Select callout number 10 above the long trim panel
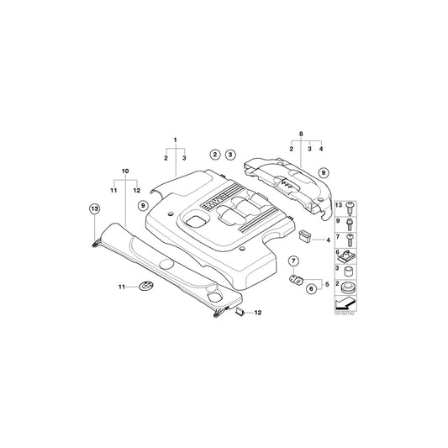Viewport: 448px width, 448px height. pyautogui.click(x=126, y=171)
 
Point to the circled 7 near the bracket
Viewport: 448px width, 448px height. pyautogui.click(x=294, y=261)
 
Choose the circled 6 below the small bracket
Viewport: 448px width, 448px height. pyautogui.click(x=311, y=289)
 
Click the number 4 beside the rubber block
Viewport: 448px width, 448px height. pyautogui.click(x=327, y=240)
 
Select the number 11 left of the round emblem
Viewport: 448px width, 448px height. pyautogui.click(x=121, y=287)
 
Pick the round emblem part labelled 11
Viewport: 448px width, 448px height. pyautogui.click(x=145, y=287)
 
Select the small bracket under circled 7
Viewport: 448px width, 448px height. pyautogui.click(x=295, y=279)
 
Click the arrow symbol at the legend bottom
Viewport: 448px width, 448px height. pyautogui.click(x=345, y=303)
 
